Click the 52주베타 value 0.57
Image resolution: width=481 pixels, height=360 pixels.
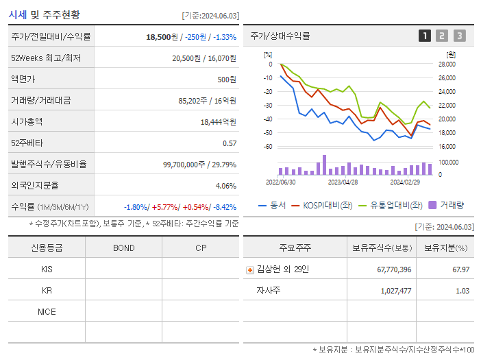[230, 143]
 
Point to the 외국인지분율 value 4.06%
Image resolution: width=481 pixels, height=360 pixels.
[225, 186]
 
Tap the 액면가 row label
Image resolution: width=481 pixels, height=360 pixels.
[23, 80]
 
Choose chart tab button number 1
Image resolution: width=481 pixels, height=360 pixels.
[425, 36]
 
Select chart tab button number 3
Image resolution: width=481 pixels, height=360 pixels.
[459, 36]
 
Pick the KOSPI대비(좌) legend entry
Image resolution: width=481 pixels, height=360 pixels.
[321, 204]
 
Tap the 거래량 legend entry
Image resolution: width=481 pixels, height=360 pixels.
[446, 204]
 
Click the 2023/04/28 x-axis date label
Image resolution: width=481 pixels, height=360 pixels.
[343, 182]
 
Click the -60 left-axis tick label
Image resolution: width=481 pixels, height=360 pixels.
[267, 147]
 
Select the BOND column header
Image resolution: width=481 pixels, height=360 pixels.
[123, 248]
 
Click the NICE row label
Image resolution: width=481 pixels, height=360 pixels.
[47, 312]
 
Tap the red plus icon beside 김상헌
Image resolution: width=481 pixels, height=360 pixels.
[250, 270]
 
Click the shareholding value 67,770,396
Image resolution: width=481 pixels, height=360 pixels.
[394, 270]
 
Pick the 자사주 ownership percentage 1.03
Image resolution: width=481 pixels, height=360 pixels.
[462, 291]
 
